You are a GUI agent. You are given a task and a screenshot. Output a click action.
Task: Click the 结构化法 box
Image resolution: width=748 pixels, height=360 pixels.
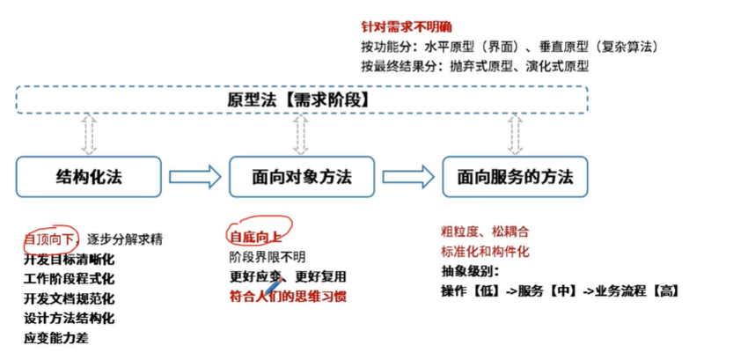[x=88, y=176]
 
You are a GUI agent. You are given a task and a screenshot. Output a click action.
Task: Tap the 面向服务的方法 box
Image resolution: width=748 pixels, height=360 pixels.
[x=515, y=176]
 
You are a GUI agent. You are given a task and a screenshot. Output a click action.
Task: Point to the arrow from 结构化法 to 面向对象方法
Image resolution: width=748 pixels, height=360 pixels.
[x=194, y=176]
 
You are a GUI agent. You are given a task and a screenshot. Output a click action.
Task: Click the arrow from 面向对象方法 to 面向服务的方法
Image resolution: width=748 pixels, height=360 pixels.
[x=407, y=176]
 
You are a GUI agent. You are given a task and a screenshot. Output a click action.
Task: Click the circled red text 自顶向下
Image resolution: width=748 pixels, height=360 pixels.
[x=50, y=239]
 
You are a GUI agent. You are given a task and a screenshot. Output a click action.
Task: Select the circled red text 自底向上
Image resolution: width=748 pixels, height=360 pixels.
[x=254, y=237]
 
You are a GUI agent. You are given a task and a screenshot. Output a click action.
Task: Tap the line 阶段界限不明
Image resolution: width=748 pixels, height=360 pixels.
[x=268, y=257]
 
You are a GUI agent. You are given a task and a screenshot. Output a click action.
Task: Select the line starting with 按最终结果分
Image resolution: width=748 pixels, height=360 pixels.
[x=474, y=66]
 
